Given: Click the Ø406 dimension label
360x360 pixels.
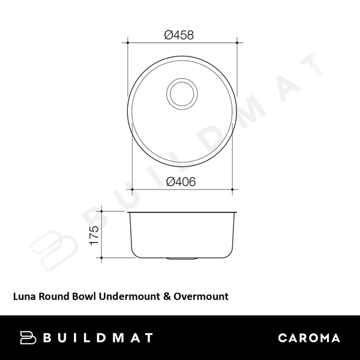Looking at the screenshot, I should click(x=181, y=181).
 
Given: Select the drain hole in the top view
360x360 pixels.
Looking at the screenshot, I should click(x=181, y=92).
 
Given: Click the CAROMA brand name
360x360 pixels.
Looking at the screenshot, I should click(x=309, y=338).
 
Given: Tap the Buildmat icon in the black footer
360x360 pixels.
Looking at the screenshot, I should click(x=28, y=338).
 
